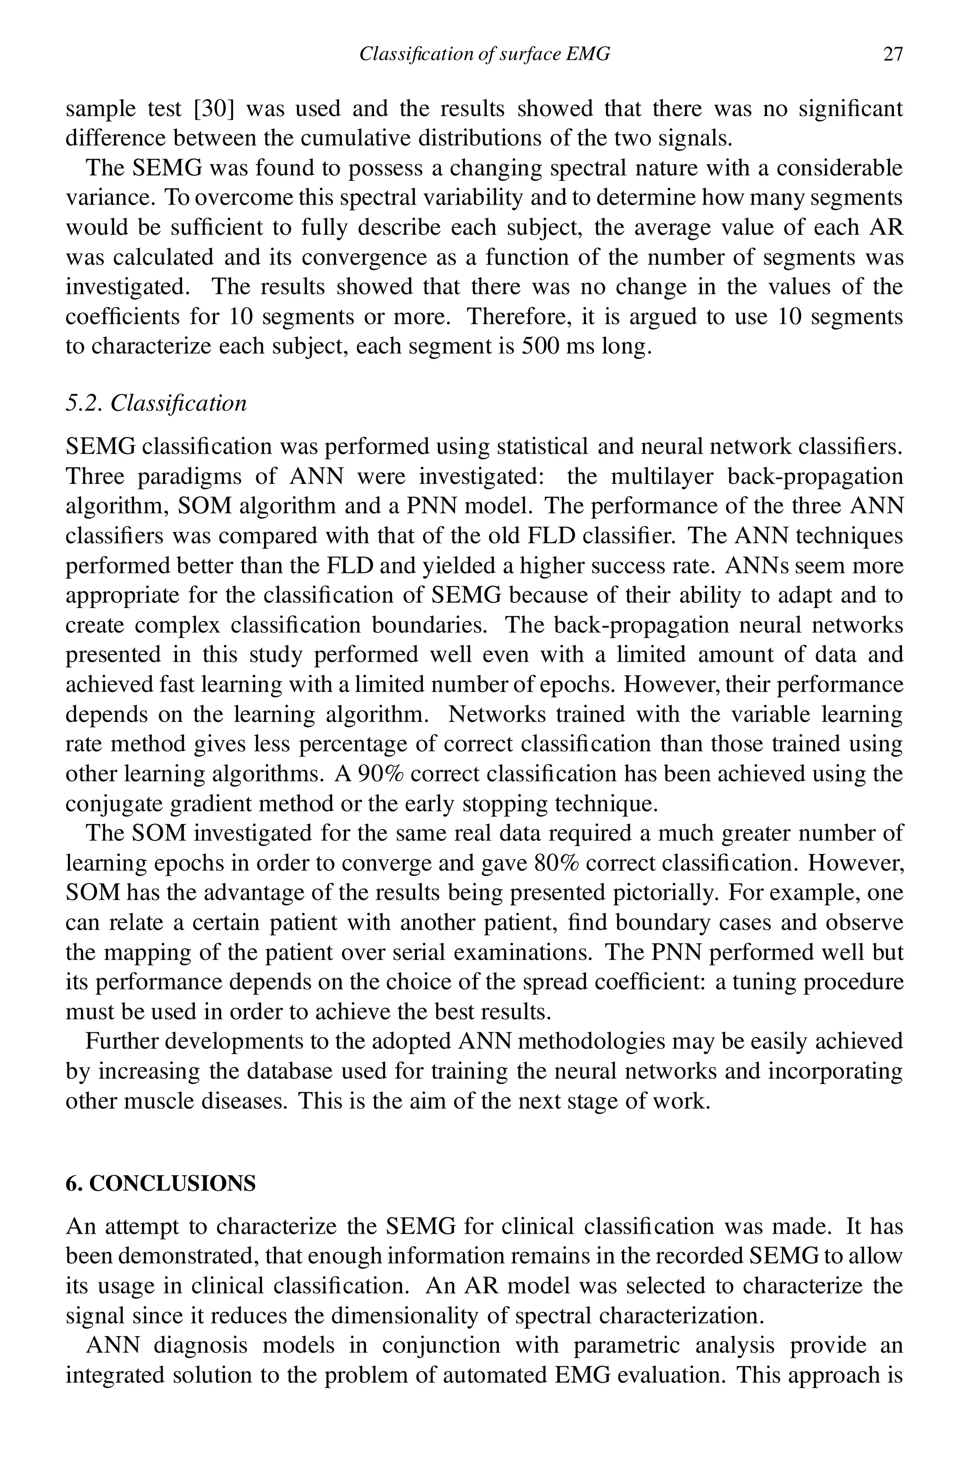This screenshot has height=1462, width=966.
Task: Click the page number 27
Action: point(893,55)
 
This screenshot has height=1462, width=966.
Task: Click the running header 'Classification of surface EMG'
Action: point(484,55)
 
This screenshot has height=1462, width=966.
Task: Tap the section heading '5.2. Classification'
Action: point(156,403)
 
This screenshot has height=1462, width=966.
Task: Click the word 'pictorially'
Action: point(666,892)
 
